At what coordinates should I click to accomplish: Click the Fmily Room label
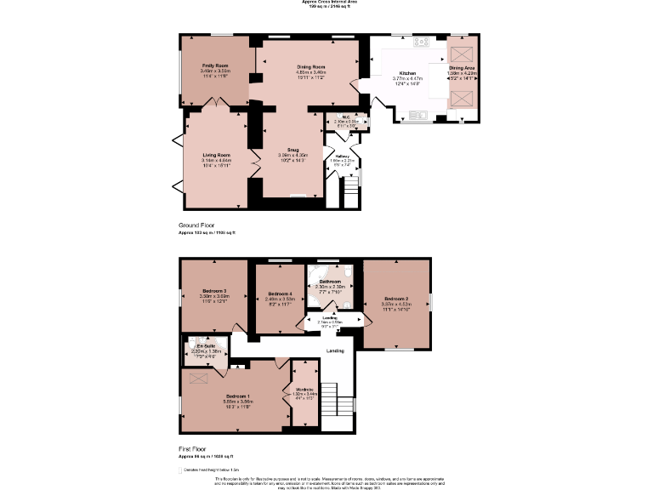click(214, 66)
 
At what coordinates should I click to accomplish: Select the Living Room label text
click(216, 154)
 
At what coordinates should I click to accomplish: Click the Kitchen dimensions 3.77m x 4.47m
click(408, 79)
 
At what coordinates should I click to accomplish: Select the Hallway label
click(342, 156)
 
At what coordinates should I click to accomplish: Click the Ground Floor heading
click(196, 225)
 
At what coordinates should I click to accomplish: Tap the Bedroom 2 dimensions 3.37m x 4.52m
click(396, 304)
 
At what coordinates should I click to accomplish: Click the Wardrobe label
click(304, 390)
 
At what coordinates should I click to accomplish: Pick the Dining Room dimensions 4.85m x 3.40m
click(311, 72)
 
